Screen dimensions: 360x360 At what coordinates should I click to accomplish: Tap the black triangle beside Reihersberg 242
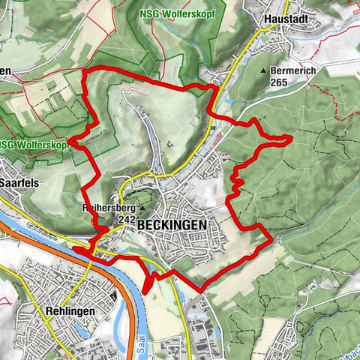point(142,220)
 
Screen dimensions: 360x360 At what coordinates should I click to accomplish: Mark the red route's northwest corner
point(83,70)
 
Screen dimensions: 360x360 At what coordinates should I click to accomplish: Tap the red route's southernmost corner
point(201,289)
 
